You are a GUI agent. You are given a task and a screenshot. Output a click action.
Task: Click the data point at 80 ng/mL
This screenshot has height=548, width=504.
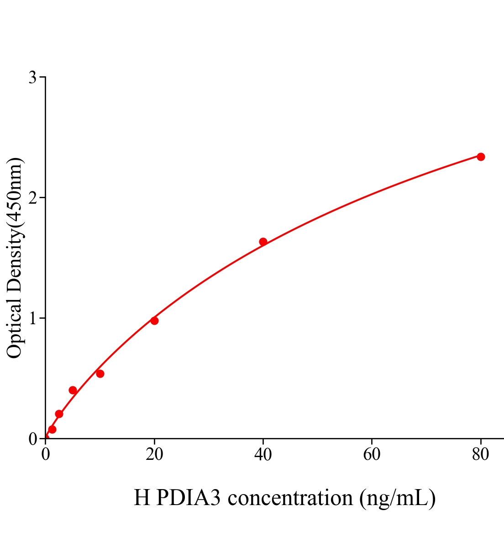(x=481, y=157)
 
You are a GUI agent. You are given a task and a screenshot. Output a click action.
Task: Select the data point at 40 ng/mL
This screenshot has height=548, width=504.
(x=263, y=242)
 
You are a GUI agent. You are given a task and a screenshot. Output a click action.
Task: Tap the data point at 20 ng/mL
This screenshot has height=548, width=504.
(x=154, y=321)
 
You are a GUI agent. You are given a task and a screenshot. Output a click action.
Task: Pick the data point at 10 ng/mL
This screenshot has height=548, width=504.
(x=100, y=374)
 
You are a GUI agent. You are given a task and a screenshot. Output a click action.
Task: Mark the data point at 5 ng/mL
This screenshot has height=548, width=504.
(x=73, y=390)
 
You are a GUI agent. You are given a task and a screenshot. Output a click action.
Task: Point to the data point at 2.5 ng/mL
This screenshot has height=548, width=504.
(x=59, y=414)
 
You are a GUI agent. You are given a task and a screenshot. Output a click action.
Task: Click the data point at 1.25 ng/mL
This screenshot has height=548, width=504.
(x=52, y=429)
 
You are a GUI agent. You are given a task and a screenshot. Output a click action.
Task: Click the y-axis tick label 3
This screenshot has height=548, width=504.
(x=32, y=78)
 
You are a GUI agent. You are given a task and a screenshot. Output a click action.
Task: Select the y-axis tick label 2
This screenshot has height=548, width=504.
(x=32, y=198)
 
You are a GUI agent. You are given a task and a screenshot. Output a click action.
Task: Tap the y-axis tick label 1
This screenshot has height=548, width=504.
(x=32, y=318)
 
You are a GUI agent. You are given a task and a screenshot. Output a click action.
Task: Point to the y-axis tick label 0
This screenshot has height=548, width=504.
(x=32, y=439)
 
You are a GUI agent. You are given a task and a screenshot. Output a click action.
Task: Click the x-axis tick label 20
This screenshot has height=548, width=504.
(x=154, y=454)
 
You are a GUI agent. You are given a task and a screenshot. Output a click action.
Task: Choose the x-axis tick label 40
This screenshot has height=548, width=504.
(x=263, y=454)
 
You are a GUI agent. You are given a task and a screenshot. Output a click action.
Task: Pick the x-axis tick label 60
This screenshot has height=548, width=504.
(x=372, y=454)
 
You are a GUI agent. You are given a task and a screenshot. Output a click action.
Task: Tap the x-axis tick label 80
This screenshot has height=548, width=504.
(x=481, y=454)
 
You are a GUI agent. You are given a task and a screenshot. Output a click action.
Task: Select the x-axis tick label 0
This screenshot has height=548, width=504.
(x=46, y=454)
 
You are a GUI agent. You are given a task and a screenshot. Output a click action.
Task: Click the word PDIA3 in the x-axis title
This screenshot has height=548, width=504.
(x=188, y=497)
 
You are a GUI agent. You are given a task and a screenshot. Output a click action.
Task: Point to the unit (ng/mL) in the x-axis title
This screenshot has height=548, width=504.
(x=397, y=497)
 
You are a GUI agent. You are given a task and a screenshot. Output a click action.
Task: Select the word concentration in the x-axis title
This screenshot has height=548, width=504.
(x=290, y=497)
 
